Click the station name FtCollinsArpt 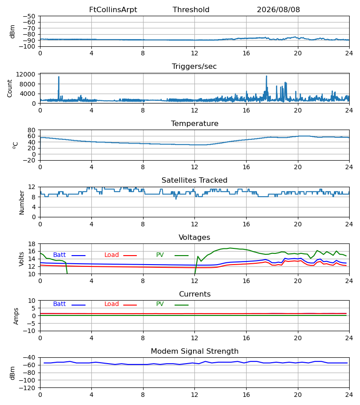113,10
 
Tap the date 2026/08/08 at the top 279,10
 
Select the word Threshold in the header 191,10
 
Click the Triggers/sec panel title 194,67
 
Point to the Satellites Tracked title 194,180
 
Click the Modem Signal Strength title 195,351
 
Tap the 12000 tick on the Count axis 26,74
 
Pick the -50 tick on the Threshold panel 29,16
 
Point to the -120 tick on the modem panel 27,388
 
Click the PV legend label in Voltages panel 160,255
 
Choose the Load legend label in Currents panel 112,304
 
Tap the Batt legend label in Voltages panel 59,255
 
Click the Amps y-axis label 16,316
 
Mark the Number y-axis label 22,202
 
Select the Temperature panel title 195,123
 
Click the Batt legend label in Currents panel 59,304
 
